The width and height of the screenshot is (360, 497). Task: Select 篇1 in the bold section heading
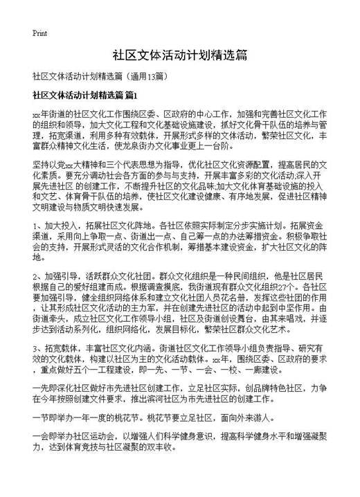132,93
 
